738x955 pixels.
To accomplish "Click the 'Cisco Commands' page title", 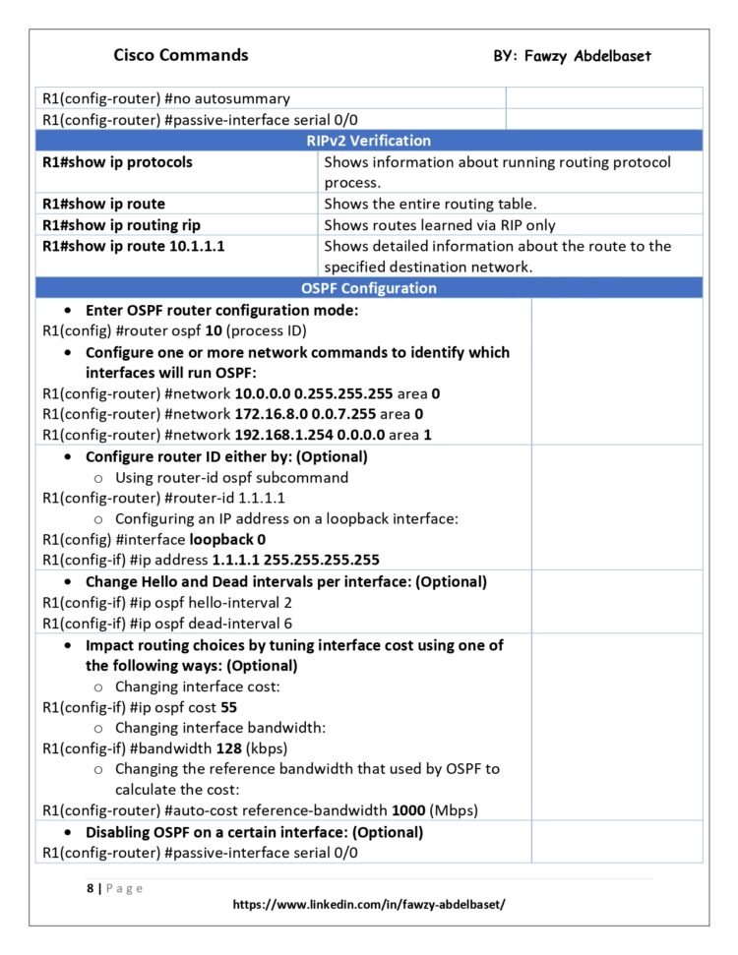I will [x=181, y=55].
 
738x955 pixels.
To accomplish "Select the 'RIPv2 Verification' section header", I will [x=368, y=141].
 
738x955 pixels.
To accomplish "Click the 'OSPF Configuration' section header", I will [x=368, y=288].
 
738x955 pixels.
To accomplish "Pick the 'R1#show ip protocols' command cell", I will [x=117, y=162].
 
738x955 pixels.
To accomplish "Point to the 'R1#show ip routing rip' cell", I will [x=121, y=225].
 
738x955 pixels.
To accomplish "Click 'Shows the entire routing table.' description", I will [x=430, y=205].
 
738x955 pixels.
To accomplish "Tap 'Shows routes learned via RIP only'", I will [x=439, y=225].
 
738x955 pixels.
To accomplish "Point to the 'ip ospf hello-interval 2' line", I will [x=153, y=603].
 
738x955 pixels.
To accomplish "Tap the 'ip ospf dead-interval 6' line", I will [x=154, y=624].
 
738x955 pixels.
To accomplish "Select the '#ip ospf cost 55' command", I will [x=140, y=707].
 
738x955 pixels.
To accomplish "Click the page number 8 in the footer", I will [x=90, y=888].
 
